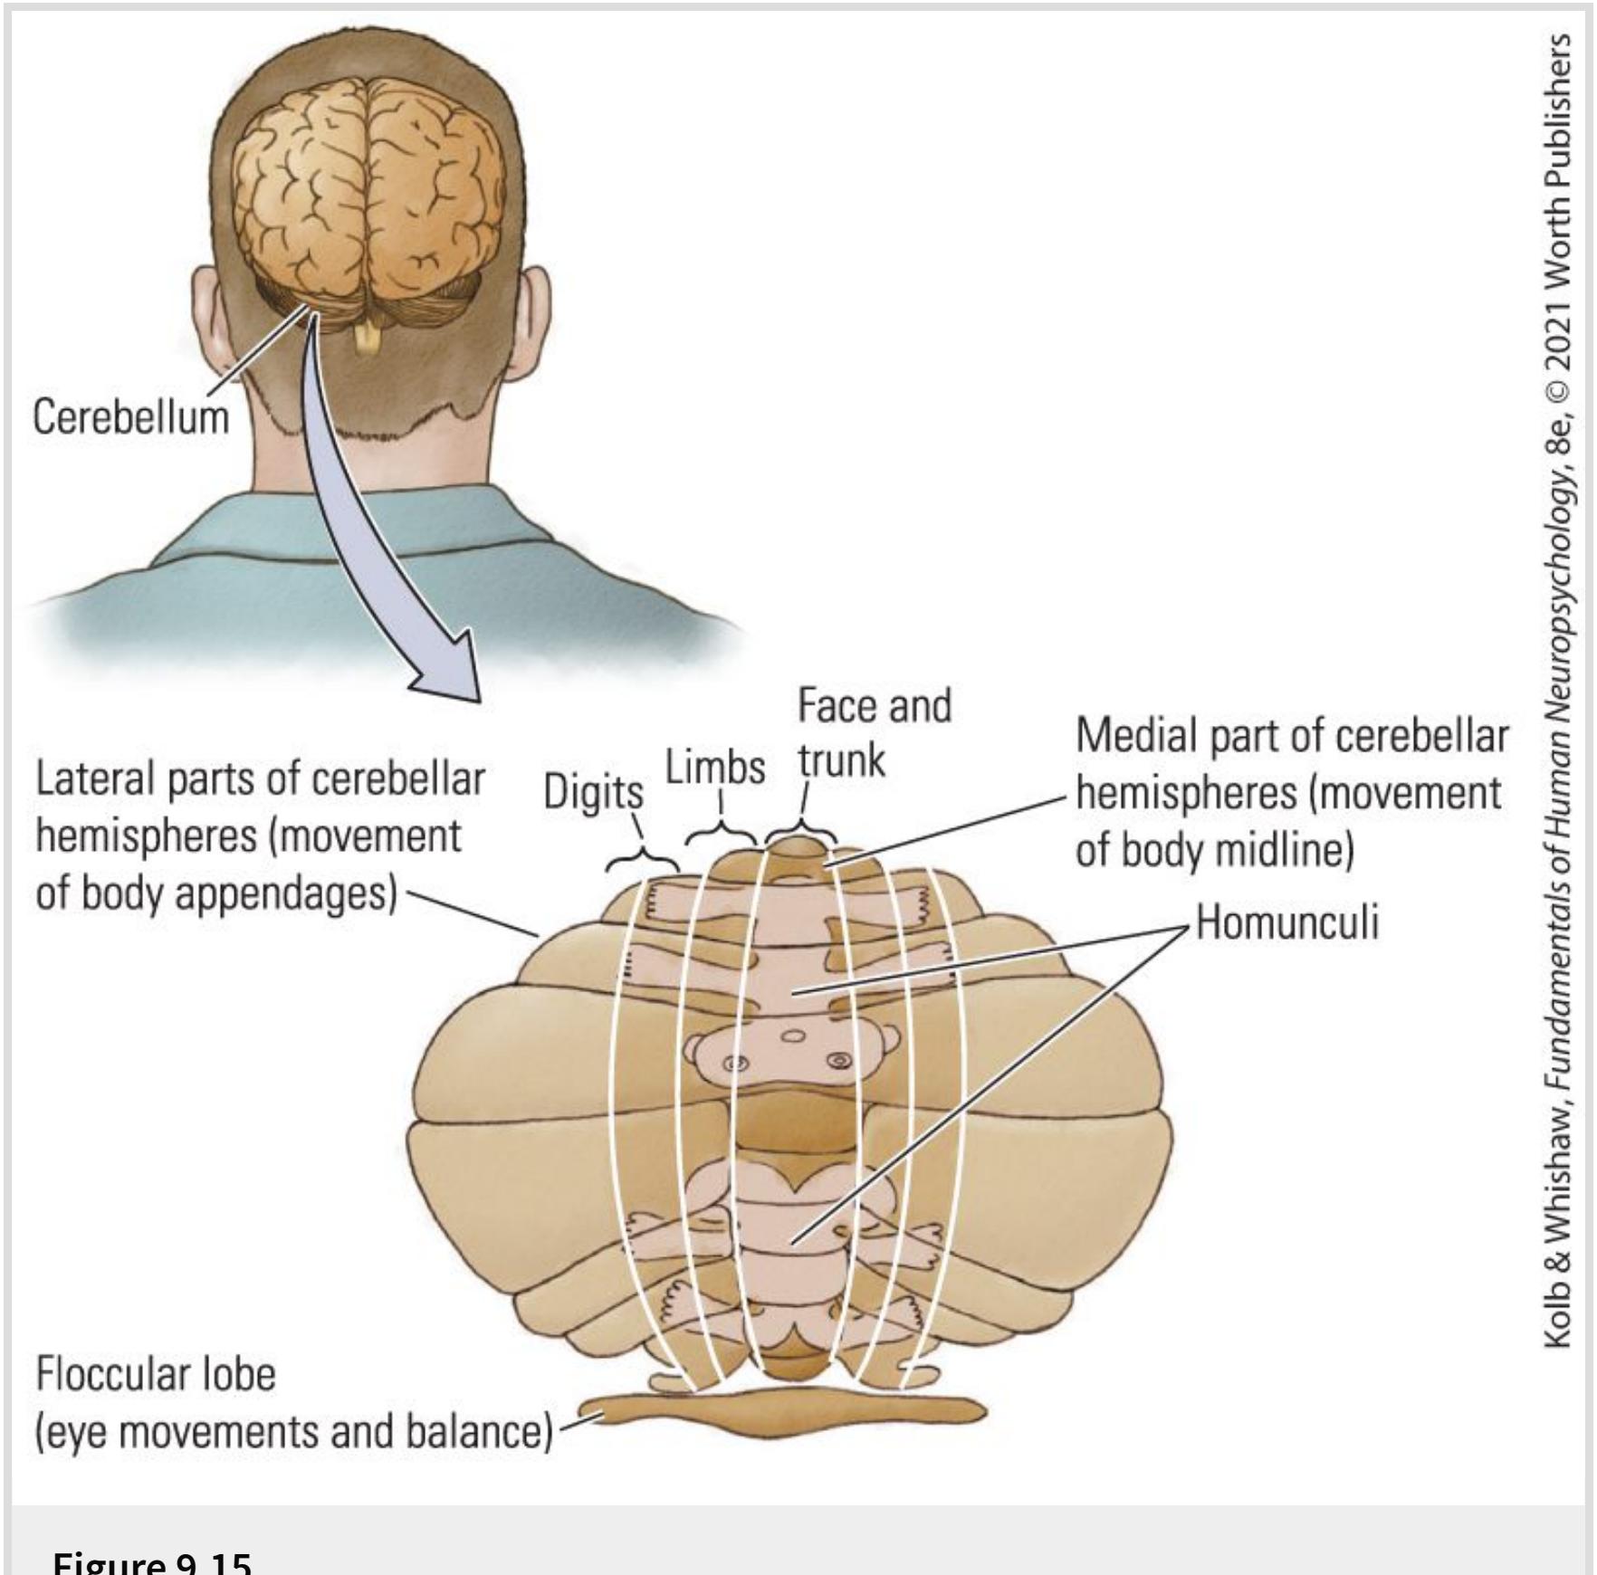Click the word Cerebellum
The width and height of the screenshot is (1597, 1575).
(130, 417)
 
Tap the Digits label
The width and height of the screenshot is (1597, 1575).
(593, 792)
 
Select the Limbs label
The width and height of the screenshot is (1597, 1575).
(715, 768)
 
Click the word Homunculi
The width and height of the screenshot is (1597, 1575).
(1286, 922)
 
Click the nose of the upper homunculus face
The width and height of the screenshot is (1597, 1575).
(793, 1036)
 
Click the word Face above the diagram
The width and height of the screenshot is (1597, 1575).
(831, 706)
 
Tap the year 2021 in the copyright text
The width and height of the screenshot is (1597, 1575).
(1558, 325)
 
